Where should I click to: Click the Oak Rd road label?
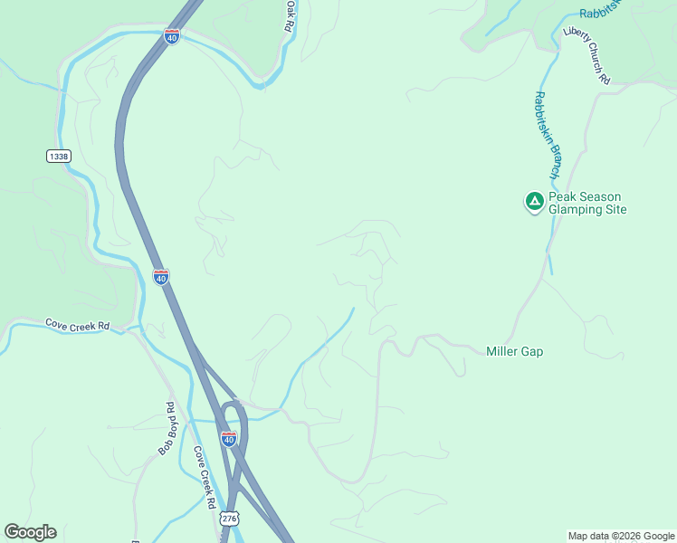290,16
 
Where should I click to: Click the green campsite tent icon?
534,201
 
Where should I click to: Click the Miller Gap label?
514,352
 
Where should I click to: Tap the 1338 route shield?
58,157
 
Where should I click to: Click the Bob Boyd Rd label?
167,428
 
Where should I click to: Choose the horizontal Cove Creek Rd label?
77,326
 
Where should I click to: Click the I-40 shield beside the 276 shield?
229,439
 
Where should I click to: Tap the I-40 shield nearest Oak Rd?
172,36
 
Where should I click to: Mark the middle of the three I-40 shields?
160,277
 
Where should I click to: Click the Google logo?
30,532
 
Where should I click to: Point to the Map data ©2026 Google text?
621,536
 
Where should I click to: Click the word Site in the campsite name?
615,210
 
